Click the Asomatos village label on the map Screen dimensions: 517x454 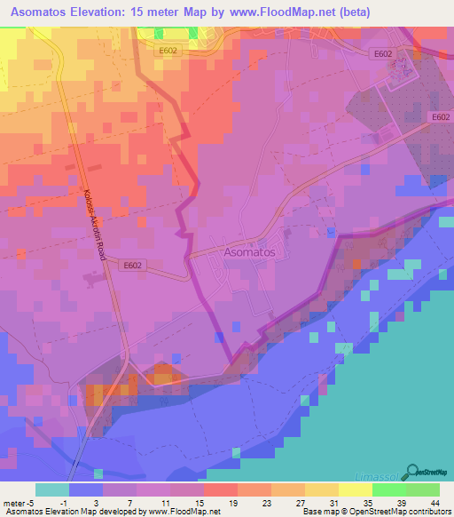click(249, 252)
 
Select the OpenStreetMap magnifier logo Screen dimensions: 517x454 click(411, 472)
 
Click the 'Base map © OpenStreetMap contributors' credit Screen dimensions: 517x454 click(376, 512)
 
